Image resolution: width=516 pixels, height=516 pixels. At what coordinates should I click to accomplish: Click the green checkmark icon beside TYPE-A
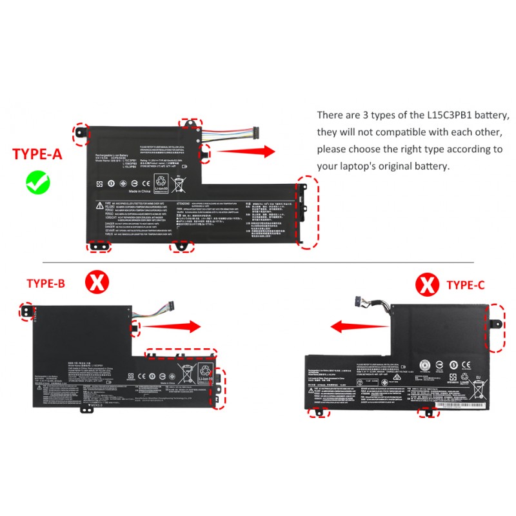38,182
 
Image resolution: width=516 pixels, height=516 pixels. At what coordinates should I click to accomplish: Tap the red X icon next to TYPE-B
98,282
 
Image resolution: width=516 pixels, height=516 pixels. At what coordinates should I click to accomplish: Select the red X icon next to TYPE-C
426,283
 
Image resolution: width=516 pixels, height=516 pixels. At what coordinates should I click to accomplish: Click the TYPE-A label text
38,155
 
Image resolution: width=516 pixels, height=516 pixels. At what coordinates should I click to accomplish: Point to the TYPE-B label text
46,283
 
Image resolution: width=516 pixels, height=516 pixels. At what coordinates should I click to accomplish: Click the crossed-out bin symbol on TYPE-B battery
187,373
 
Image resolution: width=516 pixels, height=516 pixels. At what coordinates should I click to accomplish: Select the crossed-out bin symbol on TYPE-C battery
479,390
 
